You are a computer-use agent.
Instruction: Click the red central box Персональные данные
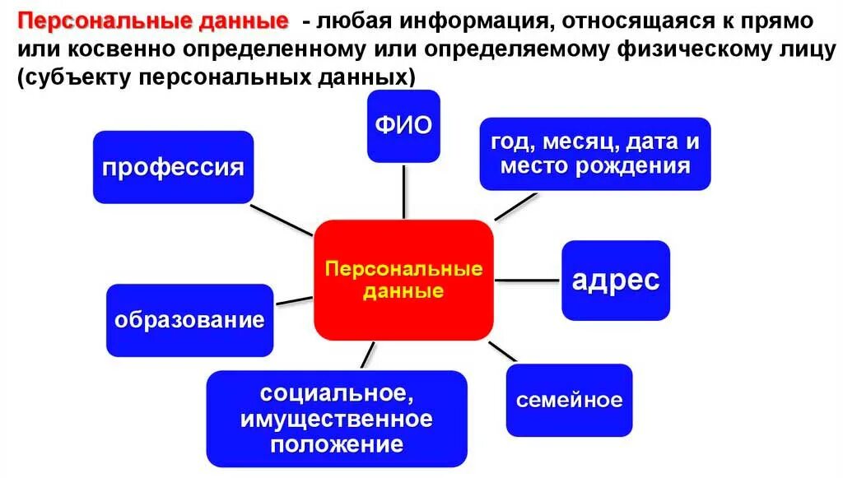click(403, 280)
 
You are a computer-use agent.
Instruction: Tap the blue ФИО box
click(403, 126)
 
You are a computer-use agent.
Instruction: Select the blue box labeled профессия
click(173, 167)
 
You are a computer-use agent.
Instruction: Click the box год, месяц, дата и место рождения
click(594, 154)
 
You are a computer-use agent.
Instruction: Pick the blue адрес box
click(615, 281)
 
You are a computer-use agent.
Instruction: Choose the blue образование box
click(189, 320)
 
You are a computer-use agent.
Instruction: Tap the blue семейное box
click(569, 400)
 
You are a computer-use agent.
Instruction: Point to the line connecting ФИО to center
click(404, 191)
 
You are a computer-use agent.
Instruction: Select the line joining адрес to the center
click(528, 281)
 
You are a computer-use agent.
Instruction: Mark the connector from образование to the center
click(293, 301)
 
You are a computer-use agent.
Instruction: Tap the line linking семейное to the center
click(503, 351)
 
